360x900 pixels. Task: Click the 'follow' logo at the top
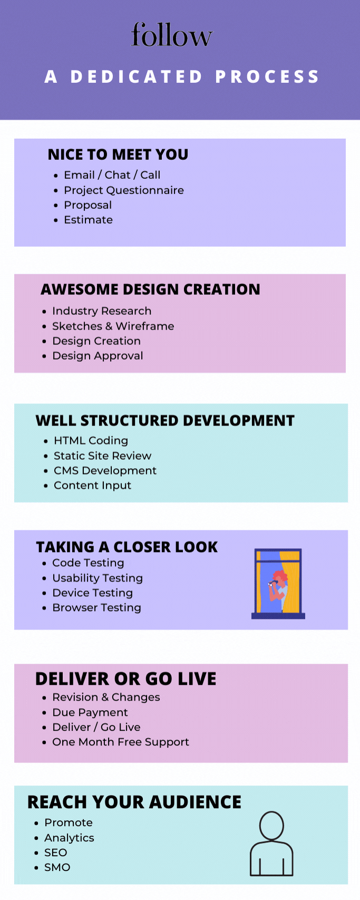click(x=171, y=35)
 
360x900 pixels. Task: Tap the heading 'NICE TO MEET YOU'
click(x=118, y=154)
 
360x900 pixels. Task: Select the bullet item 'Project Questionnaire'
click(x=124, y=190)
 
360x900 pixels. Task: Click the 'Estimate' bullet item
click(x=88, y=220)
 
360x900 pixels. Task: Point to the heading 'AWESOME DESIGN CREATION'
click(x=150, y=289)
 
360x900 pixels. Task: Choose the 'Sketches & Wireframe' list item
click(x=113, y=326)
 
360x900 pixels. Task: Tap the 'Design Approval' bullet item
click(x=98, y=356)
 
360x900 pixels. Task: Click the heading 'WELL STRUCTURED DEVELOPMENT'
click(x=165, y=421)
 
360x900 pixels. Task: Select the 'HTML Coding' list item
click(x=91, y=441)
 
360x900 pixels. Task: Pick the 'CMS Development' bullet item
click(x=105, y=471)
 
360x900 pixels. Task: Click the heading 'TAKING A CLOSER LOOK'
click(x=127, y=547)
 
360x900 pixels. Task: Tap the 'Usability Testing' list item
click(x=98, y=578)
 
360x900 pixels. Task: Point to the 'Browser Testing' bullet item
click(x=96, y=608)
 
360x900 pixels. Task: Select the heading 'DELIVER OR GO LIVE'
click(x=125, y=679)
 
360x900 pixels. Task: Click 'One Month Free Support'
click(x=120, y=742)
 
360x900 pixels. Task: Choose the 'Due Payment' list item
click(x=90, y=713)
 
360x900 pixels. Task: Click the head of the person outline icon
click(x=271, y=826)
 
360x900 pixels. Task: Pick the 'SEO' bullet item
click(x=56, y=853)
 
